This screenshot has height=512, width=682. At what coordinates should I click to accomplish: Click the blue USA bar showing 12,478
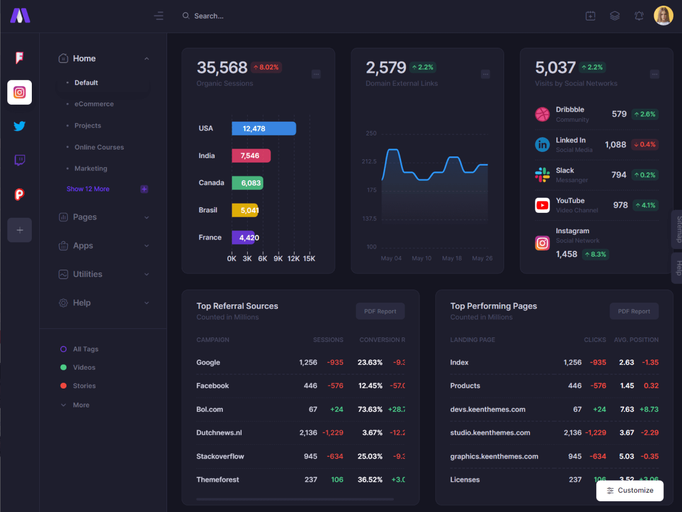point(264,129)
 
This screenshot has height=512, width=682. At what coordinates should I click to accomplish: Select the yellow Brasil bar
point(245,210)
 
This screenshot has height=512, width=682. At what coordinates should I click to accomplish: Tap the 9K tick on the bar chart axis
point(278,258)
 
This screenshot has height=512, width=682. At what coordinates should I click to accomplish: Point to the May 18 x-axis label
point(452,258)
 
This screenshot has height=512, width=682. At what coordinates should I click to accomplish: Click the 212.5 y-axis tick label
point(369,162)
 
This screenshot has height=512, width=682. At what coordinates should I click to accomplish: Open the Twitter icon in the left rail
point(19,126)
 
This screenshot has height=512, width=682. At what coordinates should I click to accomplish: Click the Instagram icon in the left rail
point(19,92)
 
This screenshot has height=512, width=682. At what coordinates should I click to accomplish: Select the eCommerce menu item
point(94,104)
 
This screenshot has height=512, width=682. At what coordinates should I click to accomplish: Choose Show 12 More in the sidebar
point(88,189)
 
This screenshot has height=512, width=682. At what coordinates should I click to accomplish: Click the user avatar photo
point(663,16)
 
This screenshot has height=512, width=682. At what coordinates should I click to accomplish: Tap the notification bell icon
point(639,16)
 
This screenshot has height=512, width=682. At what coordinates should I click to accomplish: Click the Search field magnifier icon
point(186,16)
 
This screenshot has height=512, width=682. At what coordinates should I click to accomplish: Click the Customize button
point(630,490)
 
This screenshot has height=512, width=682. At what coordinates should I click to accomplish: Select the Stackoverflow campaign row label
point(220,456)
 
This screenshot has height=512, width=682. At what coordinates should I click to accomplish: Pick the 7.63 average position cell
point(627,409)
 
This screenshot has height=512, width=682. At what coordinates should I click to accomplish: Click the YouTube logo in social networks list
point(542,205)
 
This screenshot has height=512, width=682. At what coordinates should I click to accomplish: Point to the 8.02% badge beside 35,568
point(266,67)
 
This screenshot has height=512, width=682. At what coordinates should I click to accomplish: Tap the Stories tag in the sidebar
point(84,386)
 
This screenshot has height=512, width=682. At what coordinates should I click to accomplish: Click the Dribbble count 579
point(619,114)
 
